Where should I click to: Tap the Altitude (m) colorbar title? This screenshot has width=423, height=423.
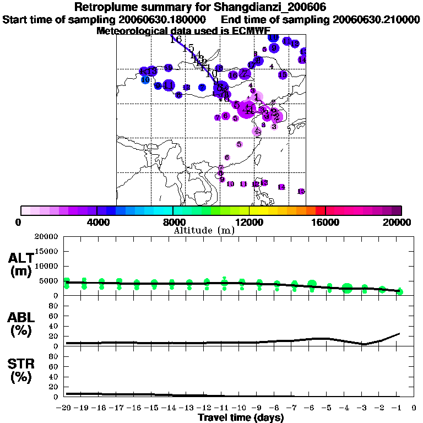coord(204,230)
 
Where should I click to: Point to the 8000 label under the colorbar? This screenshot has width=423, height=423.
coord(172,222)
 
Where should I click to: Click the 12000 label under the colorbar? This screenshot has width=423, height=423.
coord(250,222)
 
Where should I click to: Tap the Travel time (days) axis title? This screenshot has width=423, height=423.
coord(241,418)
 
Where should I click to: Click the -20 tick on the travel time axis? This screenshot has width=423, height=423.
coord(65,408)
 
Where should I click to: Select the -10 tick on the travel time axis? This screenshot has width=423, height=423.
coord(241,408)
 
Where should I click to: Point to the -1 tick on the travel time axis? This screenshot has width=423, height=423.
coord(399,408)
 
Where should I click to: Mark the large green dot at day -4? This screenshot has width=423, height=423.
coord(347,288)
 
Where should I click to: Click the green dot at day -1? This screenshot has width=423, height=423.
coord(400,291)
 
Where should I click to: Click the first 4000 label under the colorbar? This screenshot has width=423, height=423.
coord(97,222)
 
